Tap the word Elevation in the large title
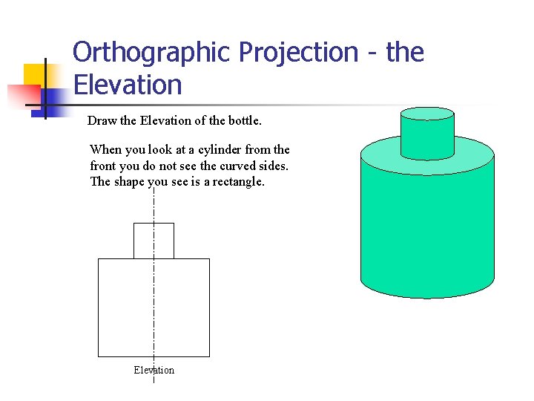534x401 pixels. click(x=128, y=85)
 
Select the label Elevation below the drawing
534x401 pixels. click(x=154, y=370)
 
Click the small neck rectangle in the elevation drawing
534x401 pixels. click(x=154, y=241)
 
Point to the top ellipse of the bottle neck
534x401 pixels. click(x=426, y=114)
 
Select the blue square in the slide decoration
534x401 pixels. click(x=56, y=99)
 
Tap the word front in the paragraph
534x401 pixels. click(x=104, y=166)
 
